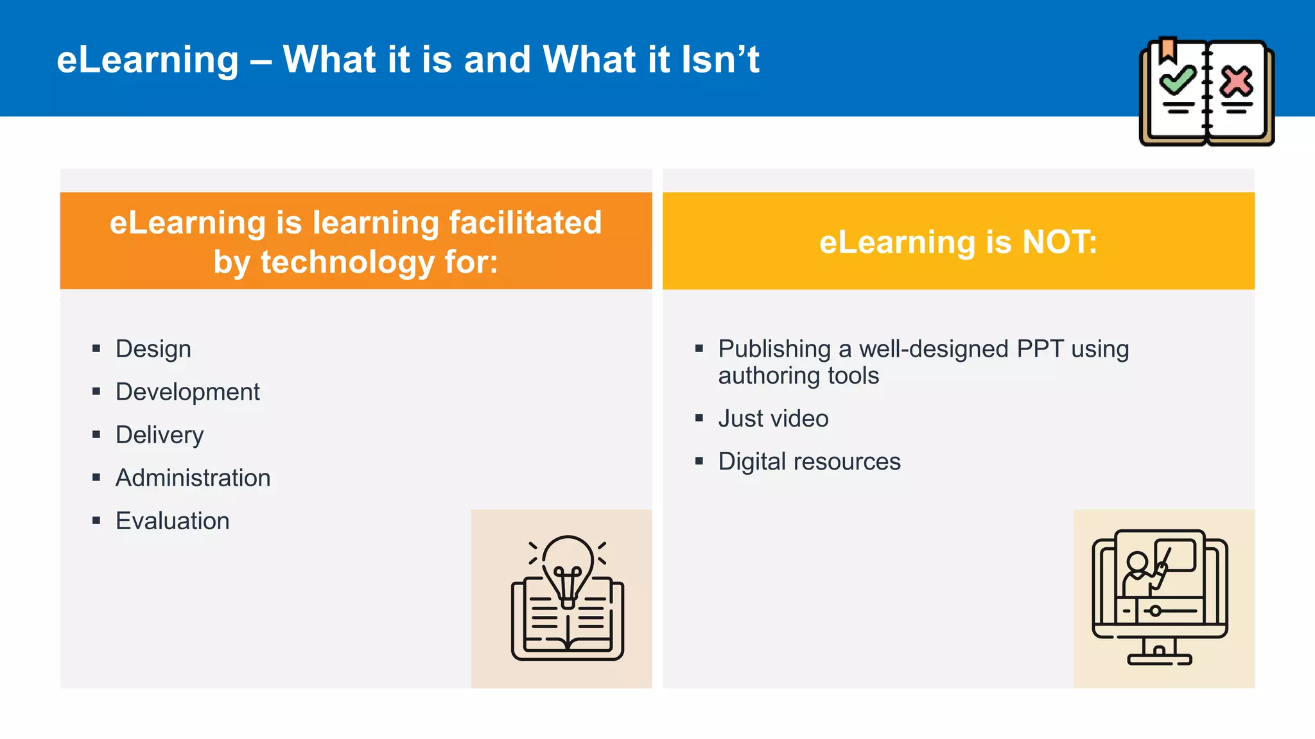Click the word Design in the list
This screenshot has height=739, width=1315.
pyautogui.click(x=153, y=349)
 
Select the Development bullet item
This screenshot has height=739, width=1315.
pyautogui.click(x=187, y=392)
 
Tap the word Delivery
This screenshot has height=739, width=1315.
pyautogui.click(x=159, y=435)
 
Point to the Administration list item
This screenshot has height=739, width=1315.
pyautogui.click(x=193, y=478)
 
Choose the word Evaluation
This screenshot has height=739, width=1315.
pyautogui.click(x=172, y=521)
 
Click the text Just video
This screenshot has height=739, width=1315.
pyautogui.click(x=773, y=418)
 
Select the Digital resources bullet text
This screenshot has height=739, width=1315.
pyautogui.click(x=809, y=461)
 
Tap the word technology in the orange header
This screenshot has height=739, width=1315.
pyautogui.click(x=347, y=262)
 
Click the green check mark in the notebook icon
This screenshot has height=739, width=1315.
pyautogui.click(x=1178, y=80)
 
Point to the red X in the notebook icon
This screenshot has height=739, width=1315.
pyautogui.click(x=1237, y=81)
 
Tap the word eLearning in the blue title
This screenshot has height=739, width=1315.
pyautogui.click(x=148, y=60)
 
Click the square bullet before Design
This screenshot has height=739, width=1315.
pyautogui.click(x=96, y=349)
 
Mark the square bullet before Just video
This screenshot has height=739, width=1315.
pyautogui.click(x=699, y=418)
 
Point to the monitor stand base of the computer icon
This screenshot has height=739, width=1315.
pyautogui.click(x=1160, y=659)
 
